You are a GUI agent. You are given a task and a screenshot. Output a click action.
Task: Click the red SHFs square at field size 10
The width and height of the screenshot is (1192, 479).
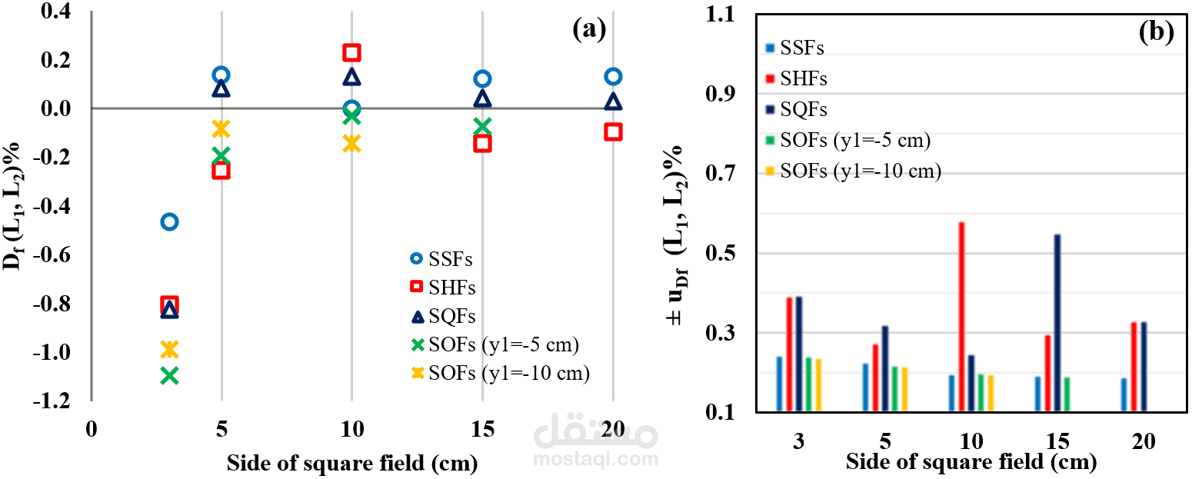click(x=351, y=52)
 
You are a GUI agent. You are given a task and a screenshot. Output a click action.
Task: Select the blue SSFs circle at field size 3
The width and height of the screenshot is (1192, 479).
click(x=169, y=221)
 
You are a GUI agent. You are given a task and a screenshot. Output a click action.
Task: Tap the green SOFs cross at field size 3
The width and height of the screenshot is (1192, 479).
click(x=169, y=375)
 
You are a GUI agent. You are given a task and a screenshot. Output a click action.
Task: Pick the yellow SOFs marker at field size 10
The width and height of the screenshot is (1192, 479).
click(x=351, y=143)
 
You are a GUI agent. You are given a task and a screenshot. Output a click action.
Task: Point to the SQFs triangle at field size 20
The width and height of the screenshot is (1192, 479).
click(x=613, y=101)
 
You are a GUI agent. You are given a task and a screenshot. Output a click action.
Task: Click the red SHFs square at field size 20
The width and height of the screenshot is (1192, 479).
click(x=613, y=131)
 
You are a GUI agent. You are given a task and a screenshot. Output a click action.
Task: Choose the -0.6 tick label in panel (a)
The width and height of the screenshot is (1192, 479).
click(x=52, y=254)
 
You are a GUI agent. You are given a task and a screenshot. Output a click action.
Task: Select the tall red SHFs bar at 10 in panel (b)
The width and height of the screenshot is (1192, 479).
click(x=961, y=317)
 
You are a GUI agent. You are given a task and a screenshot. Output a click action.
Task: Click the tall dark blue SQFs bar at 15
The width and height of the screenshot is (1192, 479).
click(x=1057, y=323)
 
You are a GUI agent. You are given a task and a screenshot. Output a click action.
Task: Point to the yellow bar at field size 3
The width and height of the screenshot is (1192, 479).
click(x=818, y=385)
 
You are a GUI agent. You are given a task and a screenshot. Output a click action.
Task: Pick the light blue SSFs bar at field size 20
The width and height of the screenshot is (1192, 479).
click(x=1124, y=394)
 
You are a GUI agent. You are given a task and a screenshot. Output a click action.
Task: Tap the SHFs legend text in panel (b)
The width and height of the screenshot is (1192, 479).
click(x=804, y=78)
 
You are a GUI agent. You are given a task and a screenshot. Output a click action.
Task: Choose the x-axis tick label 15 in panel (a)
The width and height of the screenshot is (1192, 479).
click(x=482, y=429)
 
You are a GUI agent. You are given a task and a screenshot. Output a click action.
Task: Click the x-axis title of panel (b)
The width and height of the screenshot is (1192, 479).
click(x=971, y=462)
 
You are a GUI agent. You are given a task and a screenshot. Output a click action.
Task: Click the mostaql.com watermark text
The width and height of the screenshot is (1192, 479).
click(x=596, y=460)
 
